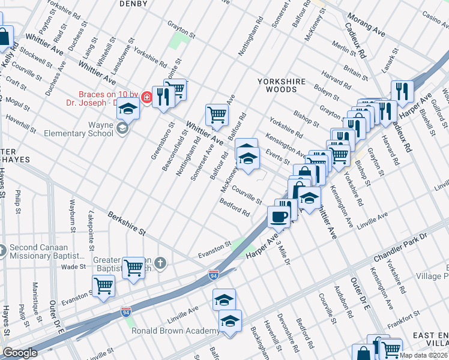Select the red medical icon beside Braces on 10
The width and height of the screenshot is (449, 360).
pyautogui.click(x=146, y=95)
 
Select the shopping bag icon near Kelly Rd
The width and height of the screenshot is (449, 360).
pyautogui.click(x=4, y=37)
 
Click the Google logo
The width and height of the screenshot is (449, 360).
pyautogui.click(x=20, y=353)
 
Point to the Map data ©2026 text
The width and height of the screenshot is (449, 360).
pyautogui.click(x=424, y=355)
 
